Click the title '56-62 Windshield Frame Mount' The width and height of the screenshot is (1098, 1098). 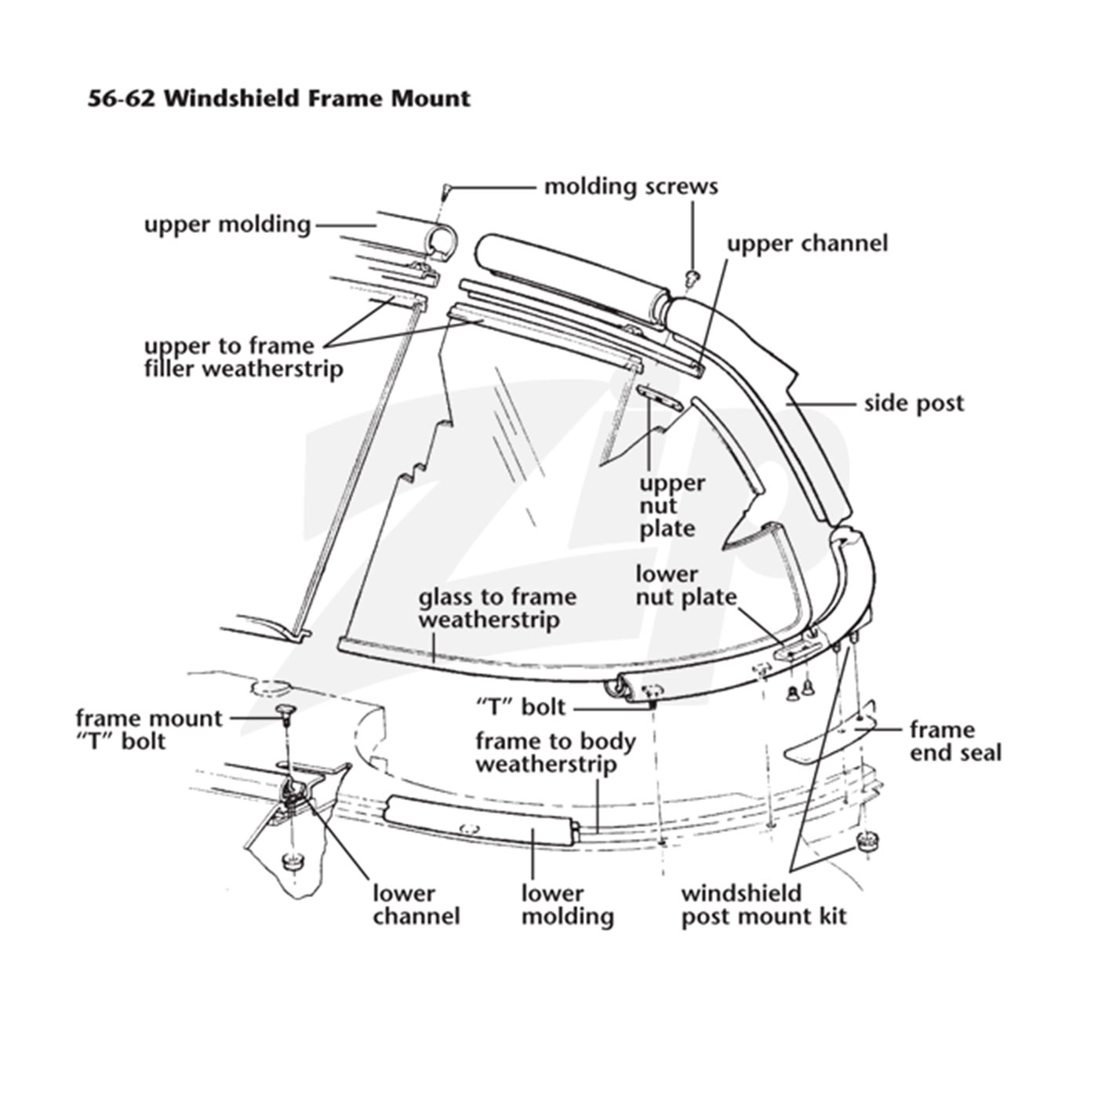[x=278, y=98]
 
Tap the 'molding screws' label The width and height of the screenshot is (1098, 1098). [x=631, y=187]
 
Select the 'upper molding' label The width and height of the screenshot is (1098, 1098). [x=227, y=224]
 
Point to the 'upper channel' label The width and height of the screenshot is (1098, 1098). [x=807, y=243]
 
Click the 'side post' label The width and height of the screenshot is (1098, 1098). [x=914, y=403]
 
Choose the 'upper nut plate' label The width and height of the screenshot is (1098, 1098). [x=672, y=505]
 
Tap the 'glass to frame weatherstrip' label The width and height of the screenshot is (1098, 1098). [x=497, y=608]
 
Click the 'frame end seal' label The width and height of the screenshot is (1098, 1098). [x=955, y=740]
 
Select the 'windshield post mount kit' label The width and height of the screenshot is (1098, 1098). [x=764, y=905]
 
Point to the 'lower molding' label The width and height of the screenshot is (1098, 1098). [x=568, y=905]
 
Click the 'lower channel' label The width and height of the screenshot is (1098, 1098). [x=416, y=905]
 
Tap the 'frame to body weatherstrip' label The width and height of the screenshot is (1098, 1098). [x=555, y=753]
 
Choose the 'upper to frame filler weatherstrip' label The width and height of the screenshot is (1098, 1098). [x=243, y=357]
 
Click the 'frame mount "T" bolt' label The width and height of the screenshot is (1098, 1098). [x=149, y=730]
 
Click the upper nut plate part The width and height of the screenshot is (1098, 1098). [x=660, y=397]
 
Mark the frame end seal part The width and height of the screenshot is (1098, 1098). [x=833, y=734]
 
